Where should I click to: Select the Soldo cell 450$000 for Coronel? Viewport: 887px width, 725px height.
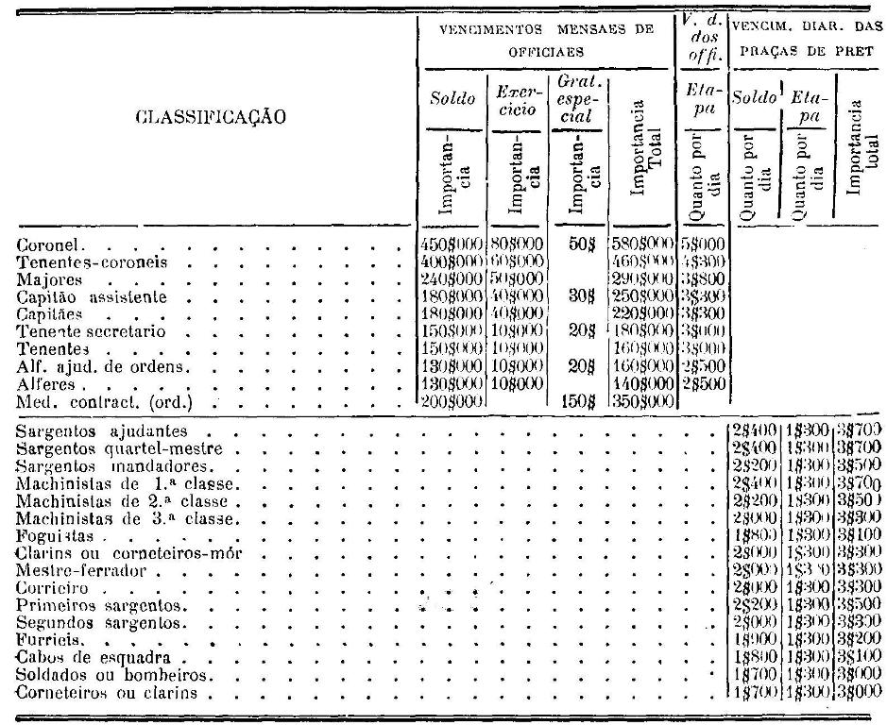pyautogui.click(x=451, y=247)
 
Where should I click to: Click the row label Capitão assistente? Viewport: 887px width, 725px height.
pyautogui.click(x=92, y=297)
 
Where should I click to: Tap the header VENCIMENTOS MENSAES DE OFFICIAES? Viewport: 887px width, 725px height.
pyautogui.click(x=547, y=38)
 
